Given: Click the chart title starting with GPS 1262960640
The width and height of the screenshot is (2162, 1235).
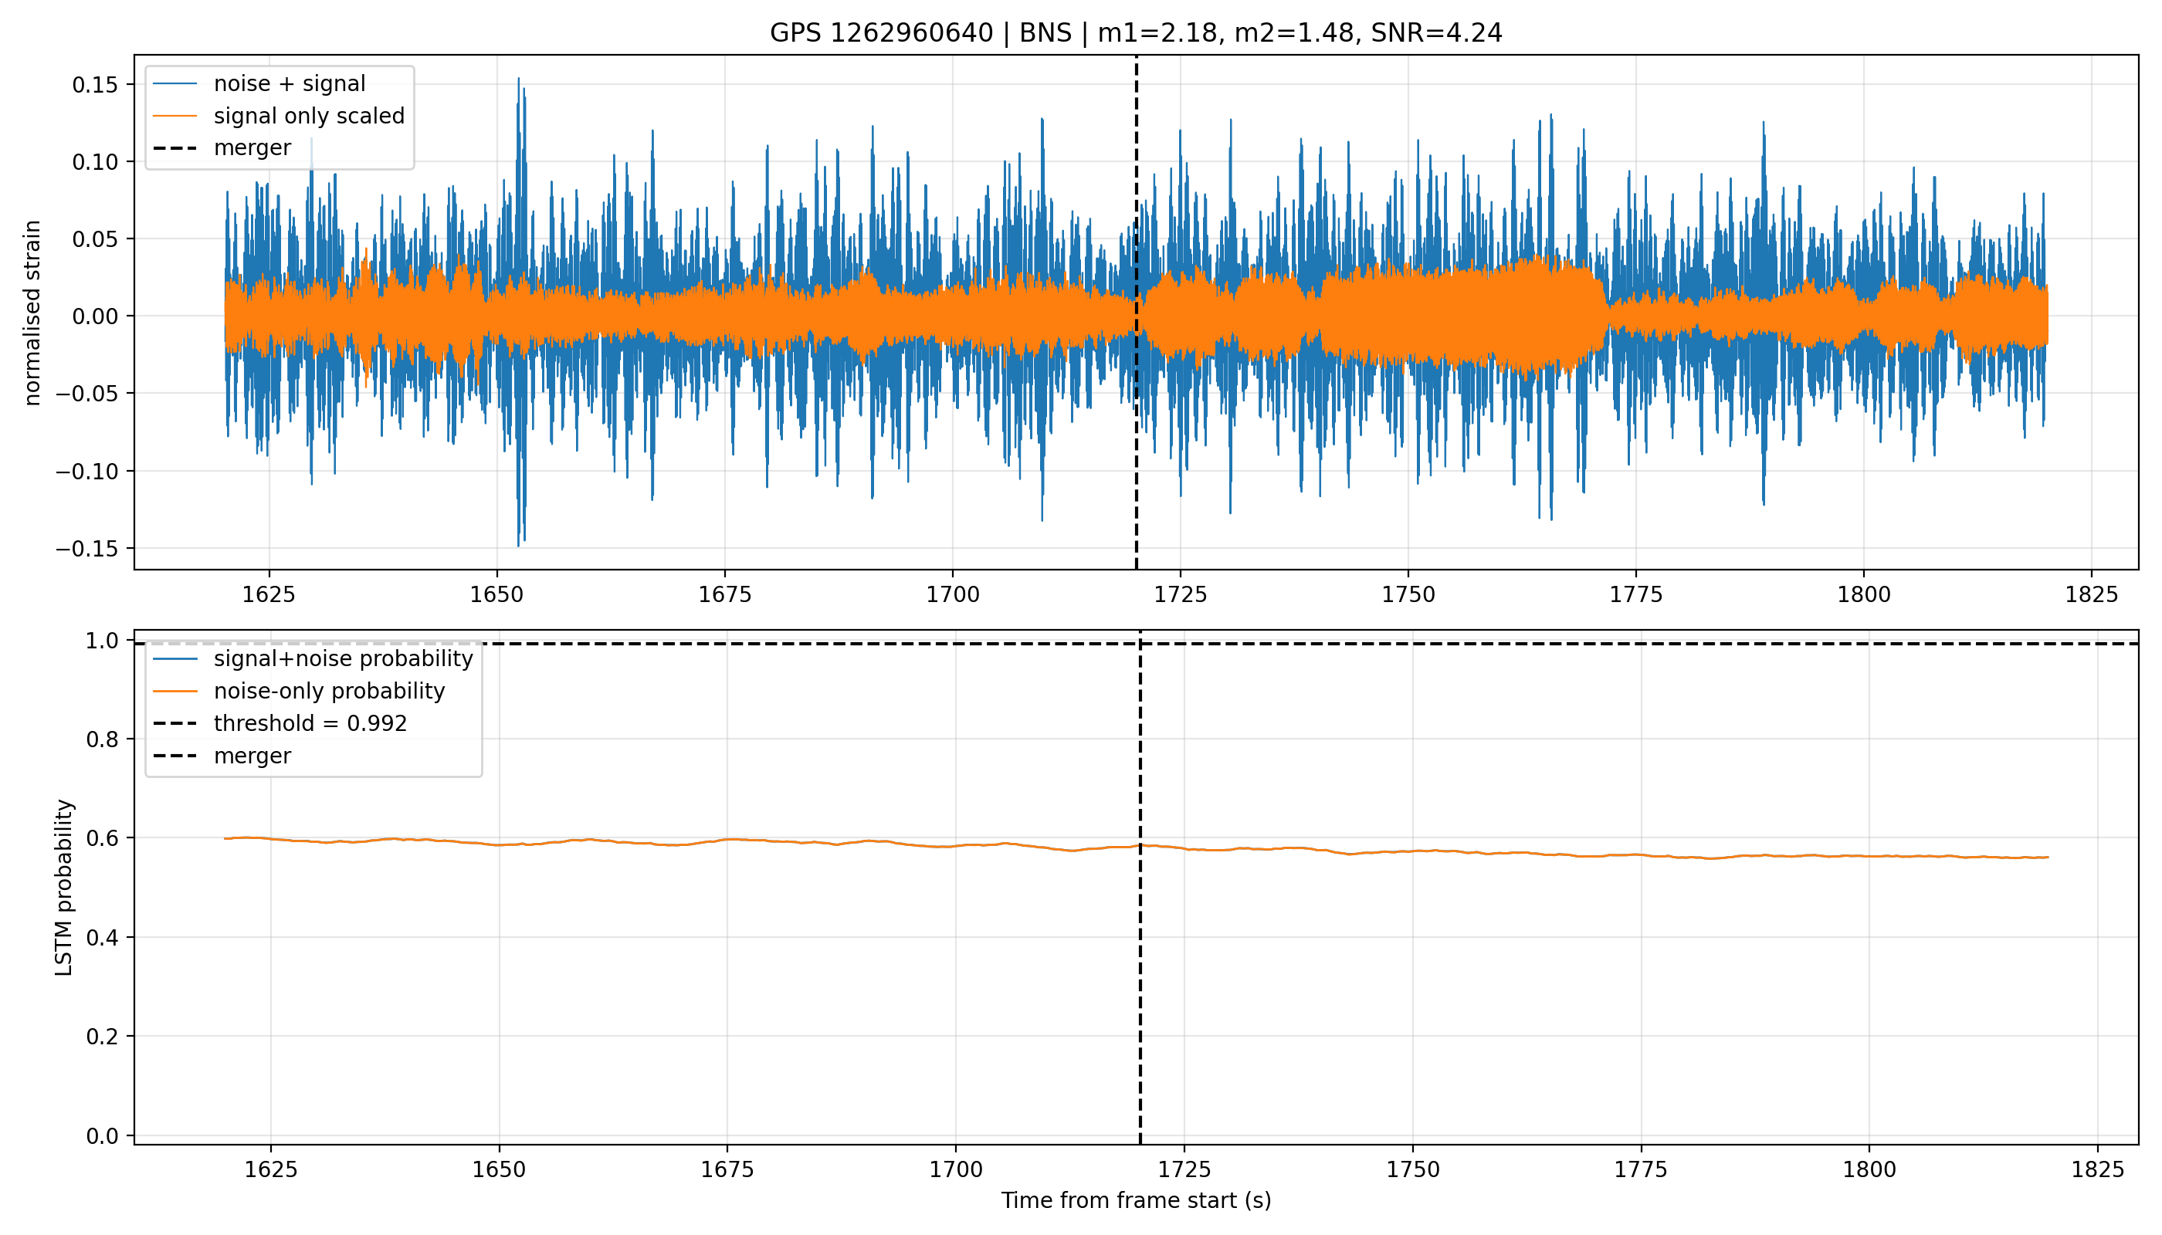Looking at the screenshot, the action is pyautogui.click(x=1135, y=33).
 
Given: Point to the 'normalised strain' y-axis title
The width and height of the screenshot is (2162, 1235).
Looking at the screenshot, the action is pyautogui.click(x=32, y=313).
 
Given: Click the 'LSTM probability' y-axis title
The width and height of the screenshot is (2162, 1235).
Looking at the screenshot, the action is pyautogui.click(x=63, y=887).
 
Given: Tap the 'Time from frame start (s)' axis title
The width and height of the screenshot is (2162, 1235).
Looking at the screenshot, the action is pyautogui.click(x=1135, y=1200).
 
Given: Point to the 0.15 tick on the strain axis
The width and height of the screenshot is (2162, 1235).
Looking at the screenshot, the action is pyautogui.click(x=95, y=85).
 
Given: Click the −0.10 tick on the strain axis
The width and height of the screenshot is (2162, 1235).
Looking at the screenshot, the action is pyautogui.click(x=87, y=472).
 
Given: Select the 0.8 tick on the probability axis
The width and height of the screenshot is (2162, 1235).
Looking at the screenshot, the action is pyautogui.click(x=103, y=739).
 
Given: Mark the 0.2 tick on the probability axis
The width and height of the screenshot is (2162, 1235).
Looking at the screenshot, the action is pyautogui.click(x=103, y=1037).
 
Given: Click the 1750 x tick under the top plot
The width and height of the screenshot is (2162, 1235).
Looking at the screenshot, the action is pyautogui.click(x=1408, y=594).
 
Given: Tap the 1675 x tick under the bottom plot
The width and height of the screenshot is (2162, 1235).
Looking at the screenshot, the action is pyautogui.click(x=727, y=1169).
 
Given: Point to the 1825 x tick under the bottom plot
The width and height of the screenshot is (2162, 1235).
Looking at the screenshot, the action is pyautogui.click(x=2097, y=1169).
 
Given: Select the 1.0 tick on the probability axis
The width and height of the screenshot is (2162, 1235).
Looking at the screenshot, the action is pyautogui.click(x=103, y=641).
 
